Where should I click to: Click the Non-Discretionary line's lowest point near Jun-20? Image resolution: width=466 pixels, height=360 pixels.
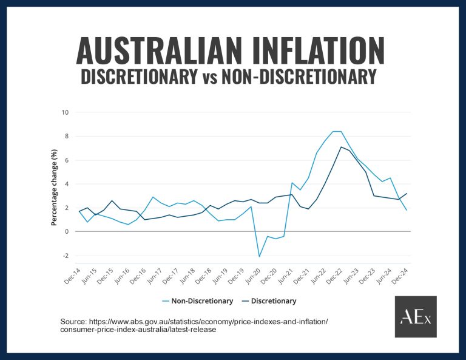click(x=260, y=256)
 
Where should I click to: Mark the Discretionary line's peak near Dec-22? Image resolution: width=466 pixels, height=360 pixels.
click(x=342, y=147)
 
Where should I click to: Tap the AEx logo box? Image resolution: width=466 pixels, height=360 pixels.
click(x=416, y=317)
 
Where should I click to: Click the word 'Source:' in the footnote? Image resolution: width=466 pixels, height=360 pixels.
click(x=72, y=321)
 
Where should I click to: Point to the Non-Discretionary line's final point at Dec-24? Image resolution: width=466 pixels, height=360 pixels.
click(x=407, y=210)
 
